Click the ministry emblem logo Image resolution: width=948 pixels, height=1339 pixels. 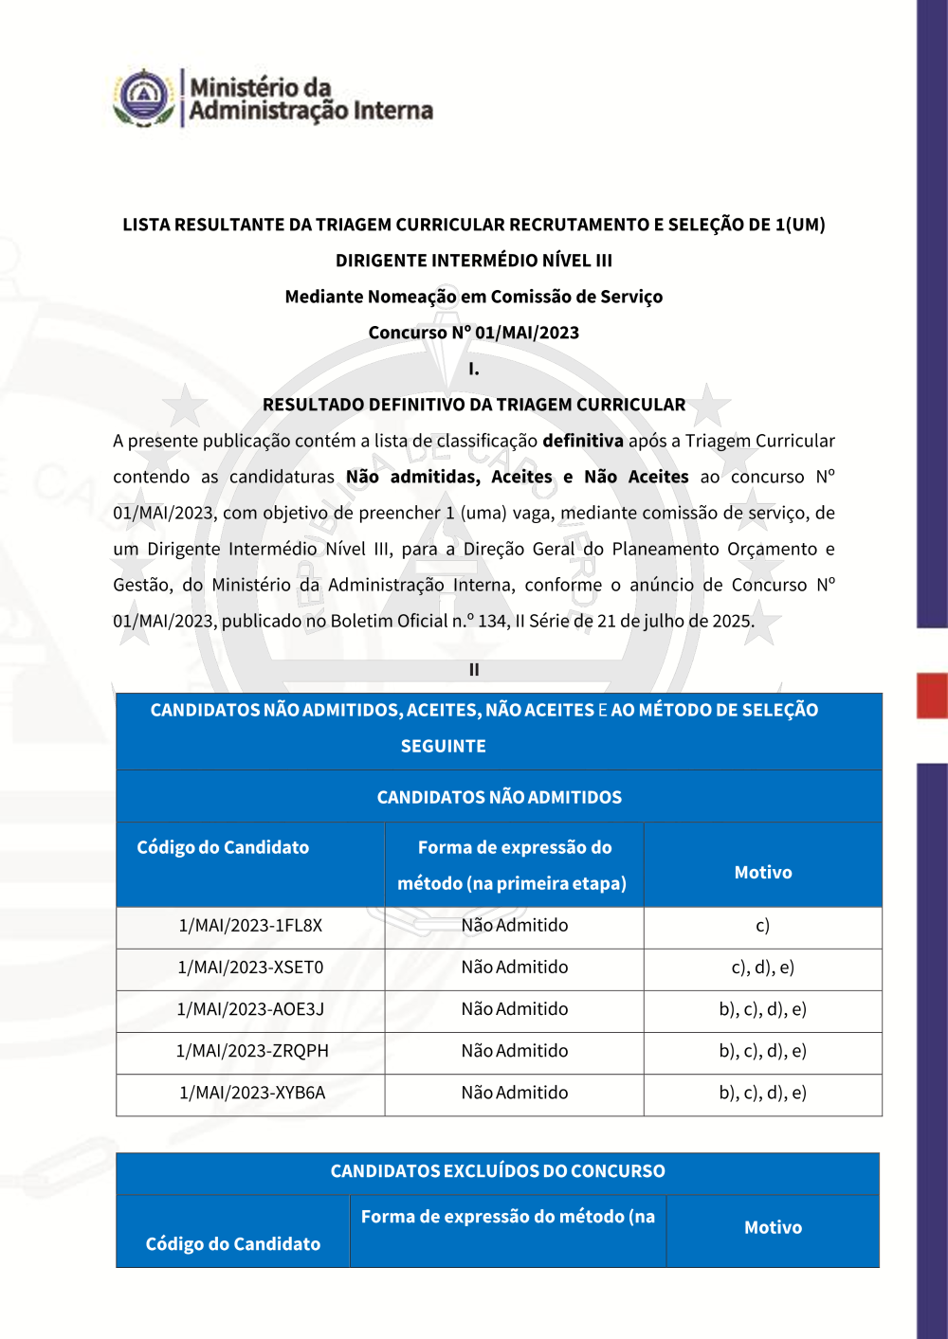point(143,97)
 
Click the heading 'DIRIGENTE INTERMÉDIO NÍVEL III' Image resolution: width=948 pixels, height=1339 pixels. point(474,261)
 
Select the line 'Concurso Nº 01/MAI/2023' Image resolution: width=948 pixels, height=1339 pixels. point(474,333)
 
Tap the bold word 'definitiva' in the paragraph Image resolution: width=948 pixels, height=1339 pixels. point(582,441)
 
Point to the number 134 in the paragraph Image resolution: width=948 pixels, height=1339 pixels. point(492,621)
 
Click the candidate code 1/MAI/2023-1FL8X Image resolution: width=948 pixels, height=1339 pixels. point(251,926)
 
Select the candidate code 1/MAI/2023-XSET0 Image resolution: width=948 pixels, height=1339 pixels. point(251,968)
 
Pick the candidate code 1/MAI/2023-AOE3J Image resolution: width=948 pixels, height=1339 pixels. point(251,1009)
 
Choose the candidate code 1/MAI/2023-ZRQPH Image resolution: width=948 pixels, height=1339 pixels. point(252,1051)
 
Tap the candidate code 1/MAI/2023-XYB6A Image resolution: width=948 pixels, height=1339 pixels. point(252,1093)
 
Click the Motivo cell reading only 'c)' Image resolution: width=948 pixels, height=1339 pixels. point(762,926)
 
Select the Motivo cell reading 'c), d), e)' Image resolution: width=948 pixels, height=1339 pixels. point(762,968)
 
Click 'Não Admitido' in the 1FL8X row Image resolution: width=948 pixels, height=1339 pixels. point(515,926)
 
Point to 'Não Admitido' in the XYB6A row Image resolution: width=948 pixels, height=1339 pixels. point(515,1093)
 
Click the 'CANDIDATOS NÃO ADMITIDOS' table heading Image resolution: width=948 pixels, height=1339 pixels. point(500,797)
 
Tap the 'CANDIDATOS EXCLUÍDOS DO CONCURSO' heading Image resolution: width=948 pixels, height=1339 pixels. point(498,1171)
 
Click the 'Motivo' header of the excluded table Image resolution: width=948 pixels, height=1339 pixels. point(773,1228)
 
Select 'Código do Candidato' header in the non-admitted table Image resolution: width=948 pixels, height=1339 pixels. point(223,848)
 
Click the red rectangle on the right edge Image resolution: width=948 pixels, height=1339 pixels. point(932,696)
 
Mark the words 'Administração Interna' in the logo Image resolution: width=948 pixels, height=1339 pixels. point(311,112)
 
